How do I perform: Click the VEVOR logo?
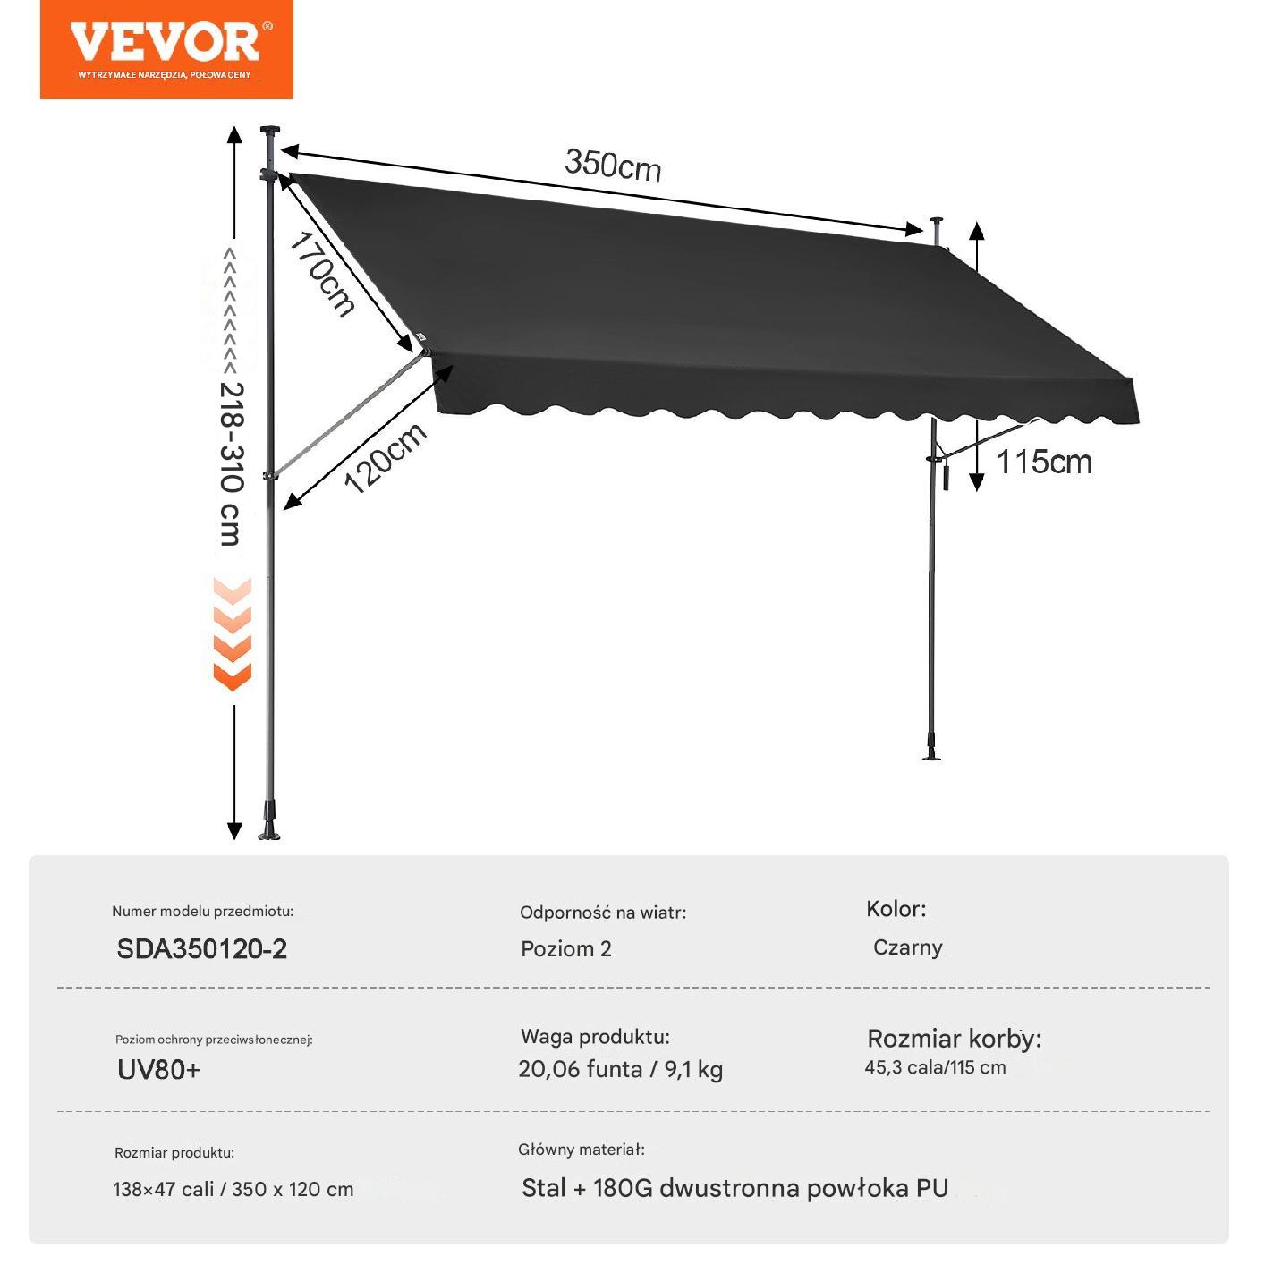point(166,49)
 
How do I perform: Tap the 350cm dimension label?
point(613,166)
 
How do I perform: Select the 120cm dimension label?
point(386,457)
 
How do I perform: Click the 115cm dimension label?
point(1044,463)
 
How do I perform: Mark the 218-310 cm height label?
point(231,464)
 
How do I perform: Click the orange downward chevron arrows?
point(233,634)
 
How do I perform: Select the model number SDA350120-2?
point(201,949)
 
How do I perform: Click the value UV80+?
point(159,1070)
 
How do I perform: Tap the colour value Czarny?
point(907,948)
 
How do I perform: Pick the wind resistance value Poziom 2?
point(566,949)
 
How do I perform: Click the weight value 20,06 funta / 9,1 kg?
point(620,1070)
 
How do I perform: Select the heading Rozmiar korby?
point(954,1040)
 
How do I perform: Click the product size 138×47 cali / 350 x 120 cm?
point(233,1190)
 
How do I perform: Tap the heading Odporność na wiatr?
point(603,913)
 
